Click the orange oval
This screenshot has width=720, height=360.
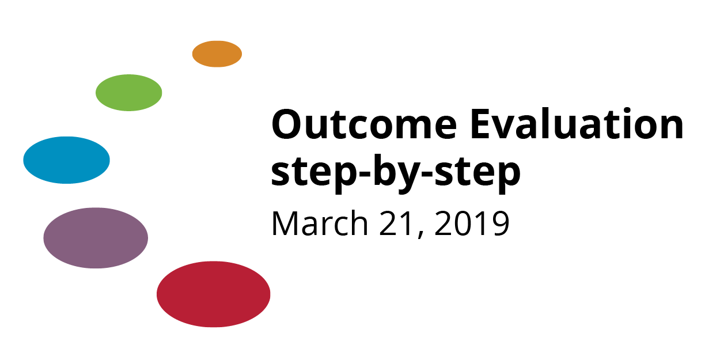(217, 54)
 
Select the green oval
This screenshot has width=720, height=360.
(128, 93)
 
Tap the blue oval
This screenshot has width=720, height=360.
(67, 160)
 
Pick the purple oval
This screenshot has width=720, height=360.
(96, 238)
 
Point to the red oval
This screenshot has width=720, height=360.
(214, 294)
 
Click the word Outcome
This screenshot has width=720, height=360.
(364, 124)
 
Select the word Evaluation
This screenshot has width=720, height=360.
(577, 124)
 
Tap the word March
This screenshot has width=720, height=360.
(320, 223)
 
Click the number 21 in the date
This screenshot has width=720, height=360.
(396, 223)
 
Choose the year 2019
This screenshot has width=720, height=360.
(472, 223)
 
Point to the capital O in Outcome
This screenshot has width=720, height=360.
(288, 124)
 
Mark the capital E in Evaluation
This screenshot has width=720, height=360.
(482, 124)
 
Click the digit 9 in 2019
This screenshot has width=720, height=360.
(500, 223)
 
